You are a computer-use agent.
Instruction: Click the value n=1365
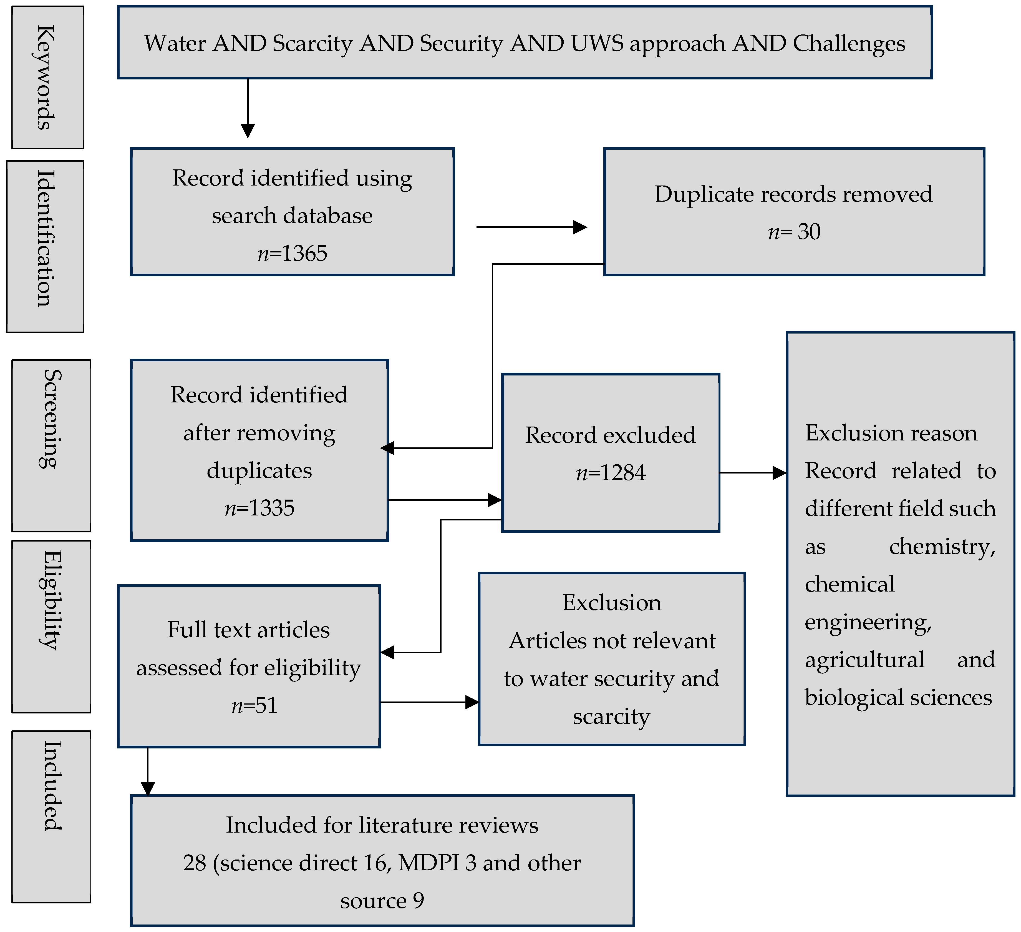click(292, 253)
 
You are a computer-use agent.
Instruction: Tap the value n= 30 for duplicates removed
click(794, 232)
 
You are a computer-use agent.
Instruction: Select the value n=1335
click(259, 508)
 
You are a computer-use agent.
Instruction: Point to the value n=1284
click(611, 473)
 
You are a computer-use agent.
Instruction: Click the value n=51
click(254, 705)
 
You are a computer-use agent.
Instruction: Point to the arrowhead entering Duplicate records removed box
click(580, 227)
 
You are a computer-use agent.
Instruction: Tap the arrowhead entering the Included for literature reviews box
click(148, 789)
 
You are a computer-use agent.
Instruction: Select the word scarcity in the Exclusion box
click(611, 716)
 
